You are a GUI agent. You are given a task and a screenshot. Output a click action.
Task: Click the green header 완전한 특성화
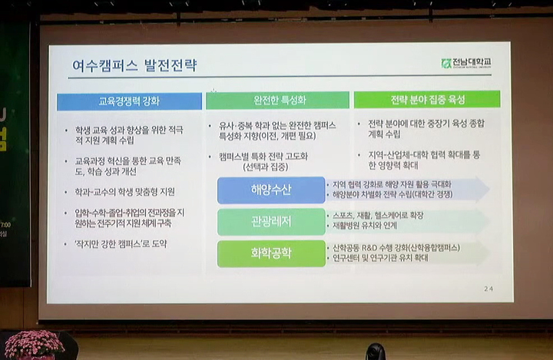(x=277, y=100)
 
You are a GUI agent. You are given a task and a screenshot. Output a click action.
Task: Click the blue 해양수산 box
(x=260, y=190)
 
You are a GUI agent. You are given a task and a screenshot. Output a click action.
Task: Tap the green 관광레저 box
(x=260, y=222)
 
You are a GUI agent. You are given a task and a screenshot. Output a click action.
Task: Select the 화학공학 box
(x=260, y=253)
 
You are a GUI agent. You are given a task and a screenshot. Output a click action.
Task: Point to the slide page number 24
(x=488, y=288)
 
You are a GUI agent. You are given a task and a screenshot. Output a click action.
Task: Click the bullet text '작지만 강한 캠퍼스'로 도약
(x=119, y=244)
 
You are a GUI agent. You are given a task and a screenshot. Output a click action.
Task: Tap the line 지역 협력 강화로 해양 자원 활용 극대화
(x=392, y=184)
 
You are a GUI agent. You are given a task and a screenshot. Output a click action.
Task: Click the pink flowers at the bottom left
(x=32, y=345)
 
